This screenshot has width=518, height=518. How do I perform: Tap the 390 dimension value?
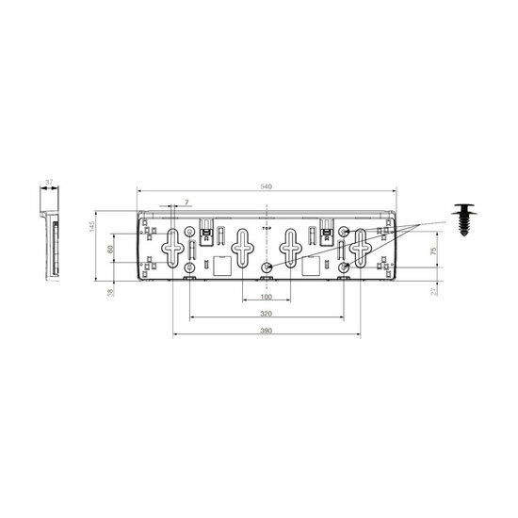(x=267, y=332)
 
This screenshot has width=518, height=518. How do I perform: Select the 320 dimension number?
(x=267, y=314)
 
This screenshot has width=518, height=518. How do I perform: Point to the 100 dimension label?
(x=267, y=298)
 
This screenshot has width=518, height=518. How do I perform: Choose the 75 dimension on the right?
(x=432, y=251)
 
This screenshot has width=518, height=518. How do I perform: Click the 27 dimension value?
(x=432, y=291)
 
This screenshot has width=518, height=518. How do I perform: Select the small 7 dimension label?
(x=186, y=202)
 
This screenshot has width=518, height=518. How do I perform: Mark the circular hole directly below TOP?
(x=267, y=268)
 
